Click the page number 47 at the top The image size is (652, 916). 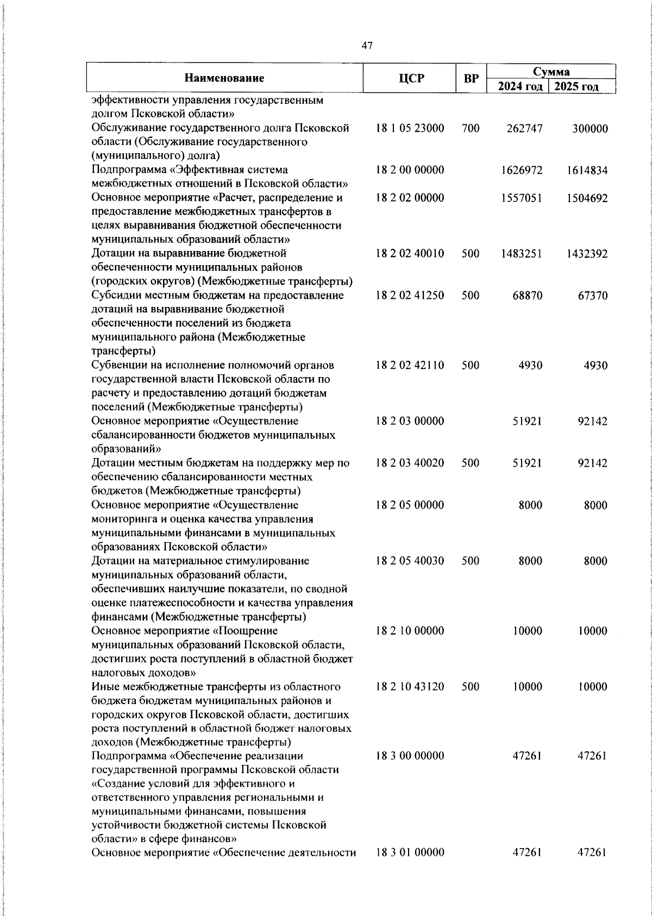point(367,47)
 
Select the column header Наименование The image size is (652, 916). point(224,78)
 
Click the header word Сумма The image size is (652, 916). point(551,72)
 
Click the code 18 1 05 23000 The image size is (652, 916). point(410,129)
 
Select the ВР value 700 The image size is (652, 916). point(471,129)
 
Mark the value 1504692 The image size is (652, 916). point(587,198)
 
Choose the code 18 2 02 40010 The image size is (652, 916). point(410,254)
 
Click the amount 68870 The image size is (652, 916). point(527,296)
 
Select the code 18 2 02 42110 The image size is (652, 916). point(410,365)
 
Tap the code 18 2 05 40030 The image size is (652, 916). point(410,561)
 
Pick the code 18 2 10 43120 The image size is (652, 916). point(410,687)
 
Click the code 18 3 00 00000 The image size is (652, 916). point(410,756)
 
